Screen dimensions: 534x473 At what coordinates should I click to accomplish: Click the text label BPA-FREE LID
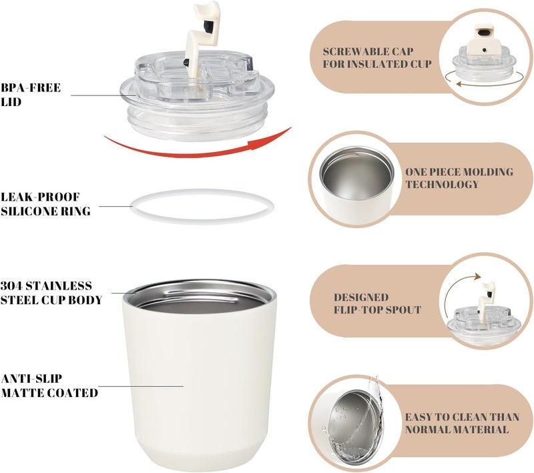point(31,95)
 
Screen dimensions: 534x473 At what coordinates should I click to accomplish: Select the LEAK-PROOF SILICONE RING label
point(45,204)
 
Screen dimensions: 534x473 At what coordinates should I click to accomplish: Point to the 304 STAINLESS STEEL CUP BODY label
point(51,293)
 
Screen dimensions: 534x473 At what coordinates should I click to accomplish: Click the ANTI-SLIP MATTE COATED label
point(49,386)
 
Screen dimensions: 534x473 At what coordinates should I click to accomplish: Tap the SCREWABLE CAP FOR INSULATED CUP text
point(377,57)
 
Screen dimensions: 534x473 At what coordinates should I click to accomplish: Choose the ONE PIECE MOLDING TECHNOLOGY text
point(459,177)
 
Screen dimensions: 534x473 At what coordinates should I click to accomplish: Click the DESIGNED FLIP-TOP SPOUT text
point(377,304)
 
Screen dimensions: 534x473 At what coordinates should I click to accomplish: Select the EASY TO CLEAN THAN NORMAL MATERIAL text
point(462,423)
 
